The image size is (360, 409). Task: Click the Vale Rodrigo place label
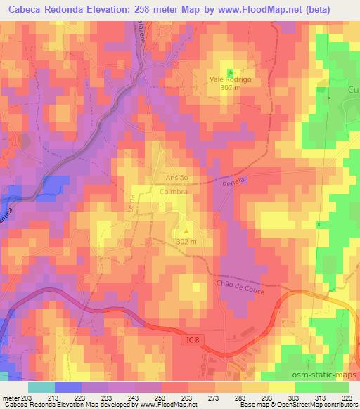(230, 79)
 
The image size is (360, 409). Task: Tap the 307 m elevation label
(230, 88)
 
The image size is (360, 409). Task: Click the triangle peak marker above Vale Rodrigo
(230, 70)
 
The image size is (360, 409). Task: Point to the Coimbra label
(176, 190)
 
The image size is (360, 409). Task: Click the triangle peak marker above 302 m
(186, 230)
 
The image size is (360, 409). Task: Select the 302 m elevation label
(186, 242)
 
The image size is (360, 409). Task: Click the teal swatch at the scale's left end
(41, 387)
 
